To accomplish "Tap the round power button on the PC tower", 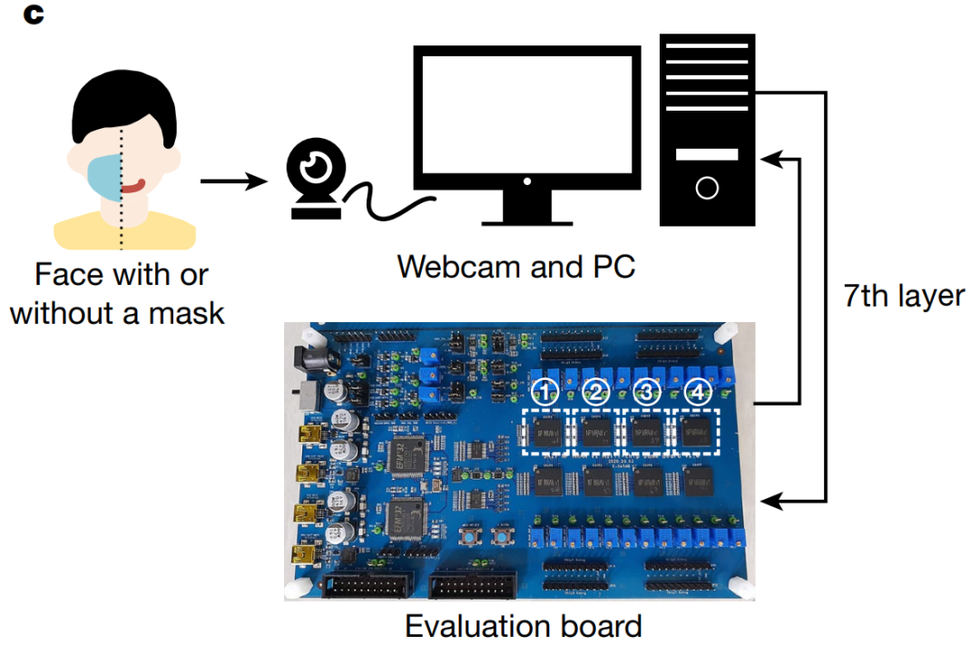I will (x=707, y=188).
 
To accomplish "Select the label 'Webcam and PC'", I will (x=516, y=267).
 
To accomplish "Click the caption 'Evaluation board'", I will (x=524, y=626).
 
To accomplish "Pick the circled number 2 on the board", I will (x=596, y=392).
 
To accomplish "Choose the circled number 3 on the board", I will (x=646, y=392).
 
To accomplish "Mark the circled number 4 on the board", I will (x=697, y=392).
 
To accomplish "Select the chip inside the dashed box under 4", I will (x=695, y=432).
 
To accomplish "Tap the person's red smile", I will (x=135, y=186).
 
